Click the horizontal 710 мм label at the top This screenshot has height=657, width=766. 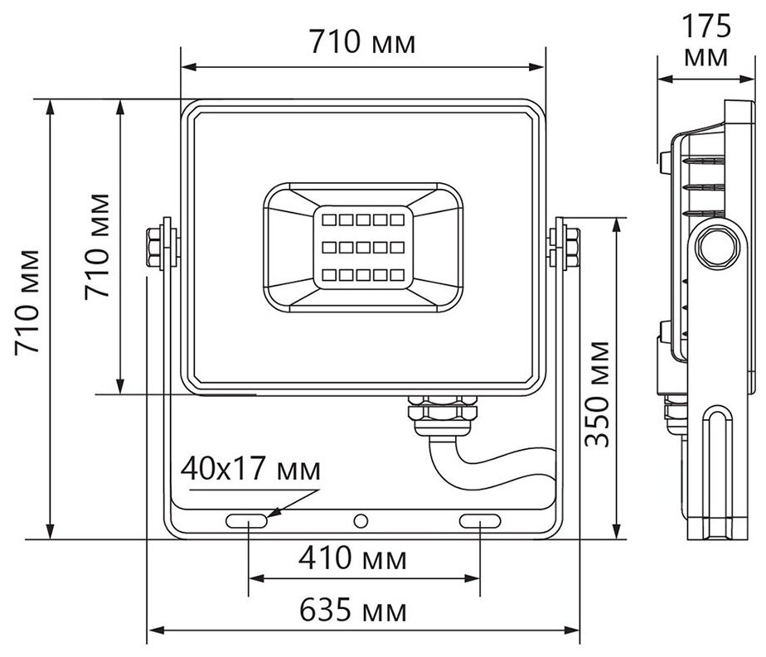[362, 41]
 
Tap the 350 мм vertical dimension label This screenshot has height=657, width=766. [599, 393]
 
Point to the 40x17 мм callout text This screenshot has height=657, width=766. [250, 470]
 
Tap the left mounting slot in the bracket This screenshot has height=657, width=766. [248, 521]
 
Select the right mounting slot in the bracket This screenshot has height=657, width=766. [482, 521]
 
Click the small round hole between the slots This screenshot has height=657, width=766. [361, 521]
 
